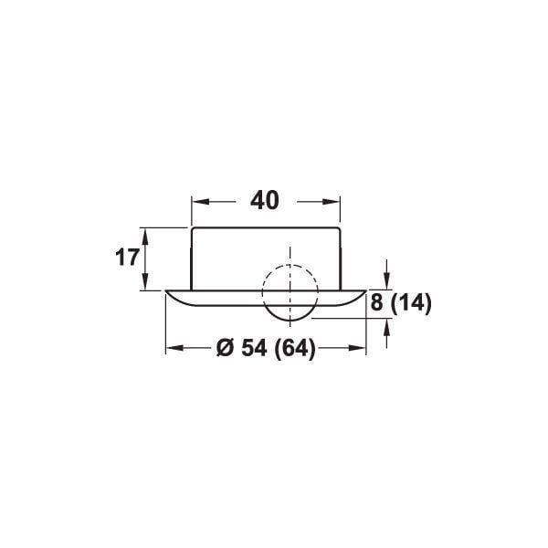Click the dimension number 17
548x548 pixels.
point(128,258)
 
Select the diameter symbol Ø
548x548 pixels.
point(227,348)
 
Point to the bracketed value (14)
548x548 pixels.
point(412,303)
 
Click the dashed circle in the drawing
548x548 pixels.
point(290,292)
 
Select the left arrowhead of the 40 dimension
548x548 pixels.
point(196,201)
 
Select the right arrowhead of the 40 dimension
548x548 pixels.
point(334,201)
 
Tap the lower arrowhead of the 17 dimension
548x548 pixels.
point(145,284)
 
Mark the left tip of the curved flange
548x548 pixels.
point(168,293)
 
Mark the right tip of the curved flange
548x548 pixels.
point(364,293)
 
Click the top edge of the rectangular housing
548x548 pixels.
point(265,227)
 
